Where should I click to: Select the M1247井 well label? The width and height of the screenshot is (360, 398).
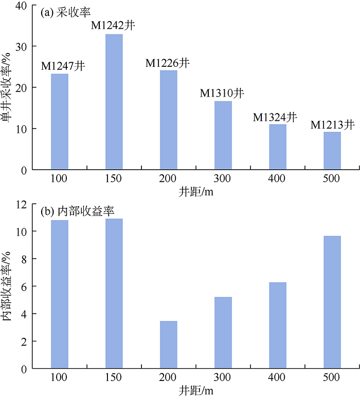pyautogui.click(x=63, y=65)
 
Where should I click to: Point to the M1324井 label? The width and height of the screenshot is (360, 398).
pyautogui.click(x=275, y=117)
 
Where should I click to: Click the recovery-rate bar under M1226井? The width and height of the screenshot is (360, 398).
pyautogui.click(x=169, y=120)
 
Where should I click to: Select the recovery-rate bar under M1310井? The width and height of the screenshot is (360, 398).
pyautogui.click(x=223, y=135)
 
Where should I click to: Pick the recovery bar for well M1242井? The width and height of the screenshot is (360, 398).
pyautogui.click(x=114, y=102)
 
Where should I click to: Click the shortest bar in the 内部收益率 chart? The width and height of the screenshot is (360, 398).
pyautogui.click(x=169, y=345)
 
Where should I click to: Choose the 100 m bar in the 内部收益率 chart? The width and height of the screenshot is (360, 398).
pyautogui.click(x=60, y=294)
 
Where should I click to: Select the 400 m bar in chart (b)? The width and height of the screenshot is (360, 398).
pyautogui.click(x=278, y=325)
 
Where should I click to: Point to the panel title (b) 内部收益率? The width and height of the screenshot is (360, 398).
pyautogui.click(x=78, y=211)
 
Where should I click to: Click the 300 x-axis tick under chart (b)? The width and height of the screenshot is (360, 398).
pyautogui.click(x=223, y=378)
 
